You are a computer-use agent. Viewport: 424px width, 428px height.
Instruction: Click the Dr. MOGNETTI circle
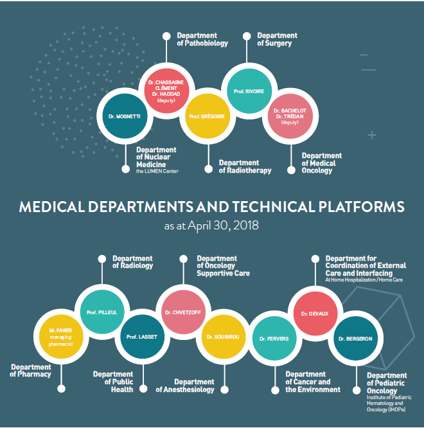point(125,116)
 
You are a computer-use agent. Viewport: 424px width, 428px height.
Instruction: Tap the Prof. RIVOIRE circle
point(245,91)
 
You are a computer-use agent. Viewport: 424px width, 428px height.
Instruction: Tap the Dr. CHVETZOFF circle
point(181,312)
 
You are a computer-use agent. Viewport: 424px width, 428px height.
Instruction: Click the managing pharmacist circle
point(60,336)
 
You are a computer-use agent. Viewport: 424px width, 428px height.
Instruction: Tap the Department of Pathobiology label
point(202,39)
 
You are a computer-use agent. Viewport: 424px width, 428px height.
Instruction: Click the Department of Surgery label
point(277,39)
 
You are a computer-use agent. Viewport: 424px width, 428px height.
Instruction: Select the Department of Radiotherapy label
point(245,166)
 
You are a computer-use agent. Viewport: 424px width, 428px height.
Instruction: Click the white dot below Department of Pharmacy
point(62,389)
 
